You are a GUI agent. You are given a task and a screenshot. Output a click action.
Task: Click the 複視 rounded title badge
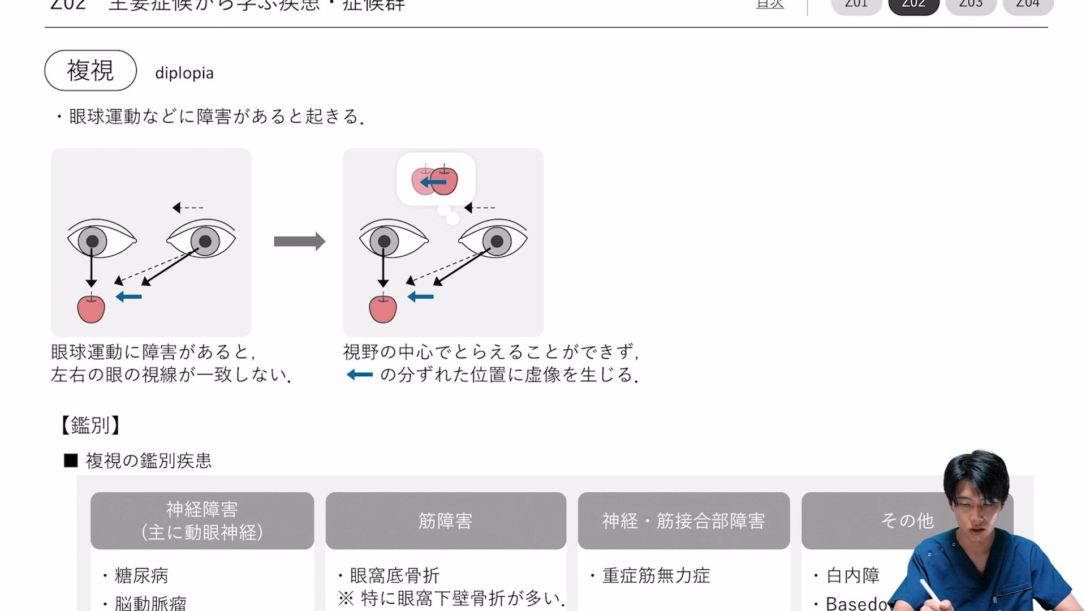pos(90,71)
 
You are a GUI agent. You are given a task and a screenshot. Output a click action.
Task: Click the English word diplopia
pos(184,74)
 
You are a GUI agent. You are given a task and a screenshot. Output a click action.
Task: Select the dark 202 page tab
pos(913,5)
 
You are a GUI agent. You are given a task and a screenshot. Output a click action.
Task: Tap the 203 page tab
pos(971,5)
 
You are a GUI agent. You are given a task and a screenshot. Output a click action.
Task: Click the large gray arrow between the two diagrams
pos(299,242)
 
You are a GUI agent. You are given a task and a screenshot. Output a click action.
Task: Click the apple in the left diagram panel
pos(91,309)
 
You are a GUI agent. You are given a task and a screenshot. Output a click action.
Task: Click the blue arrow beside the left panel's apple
pos(129,296)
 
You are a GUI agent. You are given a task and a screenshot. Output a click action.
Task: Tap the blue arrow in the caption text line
pos(360,375)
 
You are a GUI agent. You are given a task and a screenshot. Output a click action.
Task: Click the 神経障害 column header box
pos(202,520)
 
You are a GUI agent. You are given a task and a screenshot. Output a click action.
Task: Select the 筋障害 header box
pos(446,520)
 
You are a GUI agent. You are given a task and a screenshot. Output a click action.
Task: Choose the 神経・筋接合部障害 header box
pos(683,520)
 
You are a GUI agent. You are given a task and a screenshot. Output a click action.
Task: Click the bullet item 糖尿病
pos(141,575)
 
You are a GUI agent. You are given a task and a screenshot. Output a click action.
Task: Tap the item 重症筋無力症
pos(656,575)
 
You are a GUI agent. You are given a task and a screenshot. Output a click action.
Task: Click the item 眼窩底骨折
pos(395,575)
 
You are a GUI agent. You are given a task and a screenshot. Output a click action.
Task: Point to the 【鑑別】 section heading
pos(90,425)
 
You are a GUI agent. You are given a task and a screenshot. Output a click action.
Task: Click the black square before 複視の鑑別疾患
pos(71,461)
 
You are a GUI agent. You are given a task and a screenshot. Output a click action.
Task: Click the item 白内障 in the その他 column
pos(853,575)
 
